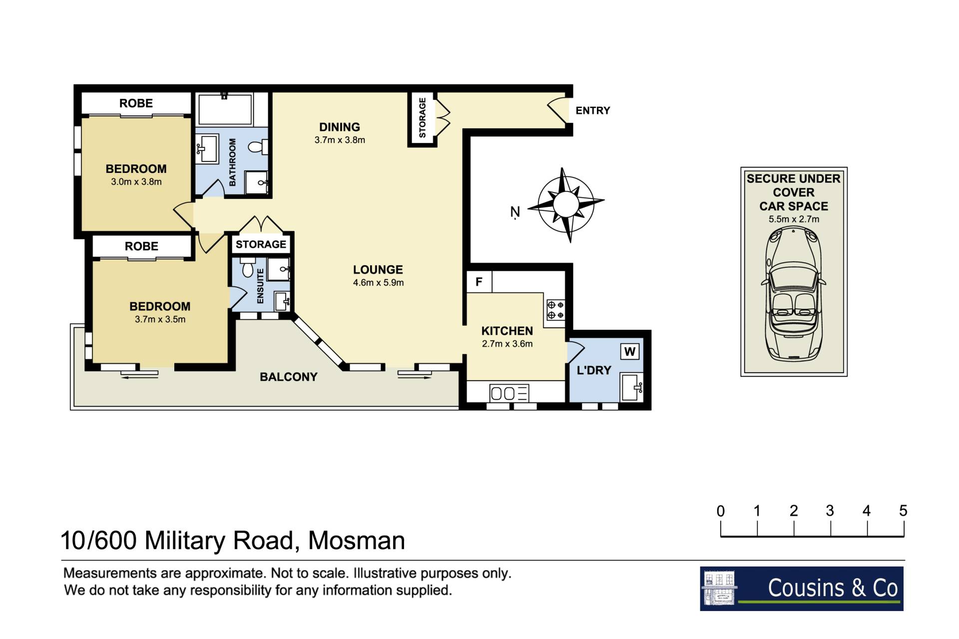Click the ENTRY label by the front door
(592, 110)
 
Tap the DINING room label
(340, 127)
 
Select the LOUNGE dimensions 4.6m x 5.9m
(378, 283)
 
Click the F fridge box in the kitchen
(479, 282)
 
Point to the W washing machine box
(630, 352)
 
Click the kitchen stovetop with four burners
(555, 310)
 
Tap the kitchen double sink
(509, 393)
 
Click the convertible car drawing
(794, 293)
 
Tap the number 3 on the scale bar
(830, 511)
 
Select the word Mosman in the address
(357, 541)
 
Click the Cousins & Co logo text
(833, 588)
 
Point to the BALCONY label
(289, 377)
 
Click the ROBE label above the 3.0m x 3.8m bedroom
(136, 103)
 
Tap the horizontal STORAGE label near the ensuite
(261, 244)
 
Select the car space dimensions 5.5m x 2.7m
(794, 219)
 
